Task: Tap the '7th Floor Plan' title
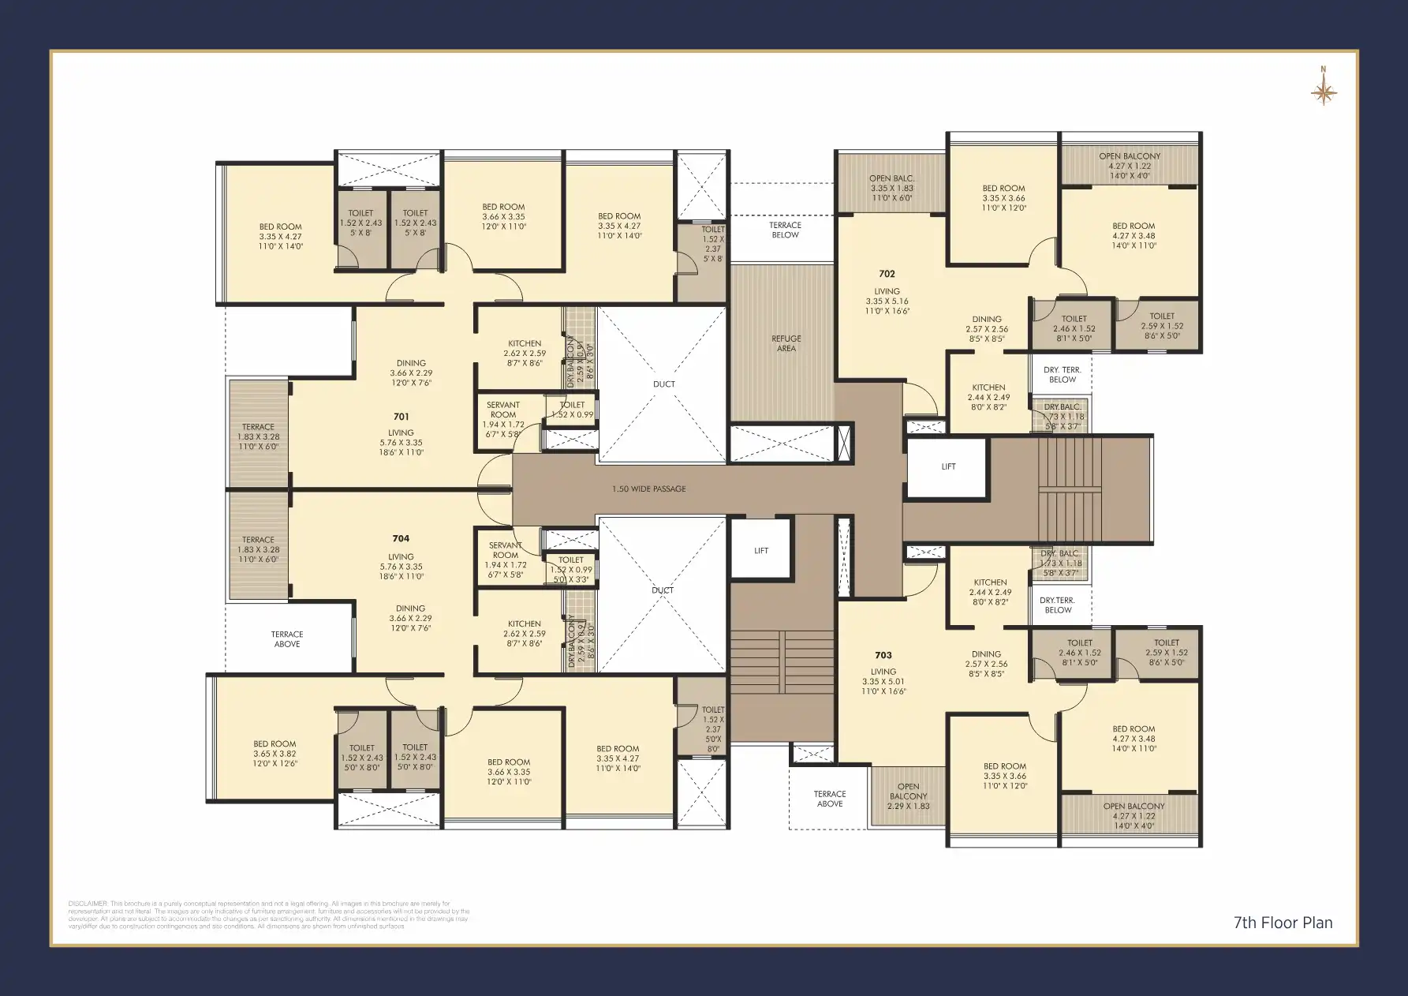1283,923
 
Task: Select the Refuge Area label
786,343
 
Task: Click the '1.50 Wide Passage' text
648,489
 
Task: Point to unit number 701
401,417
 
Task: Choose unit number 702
887,274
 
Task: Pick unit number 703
883,655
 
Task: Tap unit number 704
401,539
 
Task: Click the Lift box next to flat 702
948,467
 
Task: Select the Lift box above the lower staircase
760,551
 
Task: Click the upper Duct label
663,384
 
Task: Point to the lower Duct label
663,590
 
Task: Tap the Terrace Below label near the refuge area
785,230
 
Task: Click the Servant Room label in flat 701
503,410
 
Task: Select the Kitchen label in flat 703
990,582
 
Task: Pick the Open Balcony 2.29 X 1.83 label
908,796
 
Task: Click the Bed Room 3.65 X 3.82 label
275,754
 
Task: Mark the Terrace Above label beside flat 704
287,639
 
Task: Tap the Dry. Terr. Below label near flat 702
1062,375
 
